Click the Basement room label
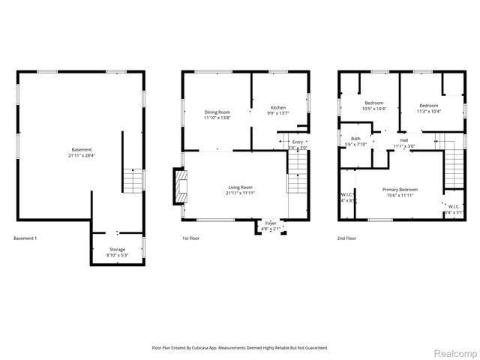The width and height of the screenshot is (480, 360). [71, 150]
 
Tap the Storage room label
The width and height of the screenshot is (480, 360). [117, 249]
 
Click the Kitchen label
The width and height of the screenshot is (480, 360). [278, 108]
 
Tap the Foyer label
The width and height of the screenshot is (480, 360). [270, 223]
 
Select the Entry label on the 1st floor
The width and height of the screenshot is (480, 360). [298, 142]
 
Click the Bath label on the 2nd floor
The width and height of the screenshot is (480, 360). [355, 138]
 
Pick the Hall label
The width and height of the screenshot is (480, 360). [403, 139]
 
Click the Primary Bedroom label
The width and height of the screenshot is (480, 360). [400, 190]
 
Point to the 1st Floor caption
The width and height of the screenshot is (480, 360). [193, 238]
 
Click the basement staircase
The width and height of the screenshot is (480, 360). [132, 181]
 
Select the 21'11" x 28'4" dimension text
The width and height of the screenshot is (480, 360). [71, 156]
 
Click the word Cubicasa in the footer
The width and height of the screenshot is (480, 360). [213, 348]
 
